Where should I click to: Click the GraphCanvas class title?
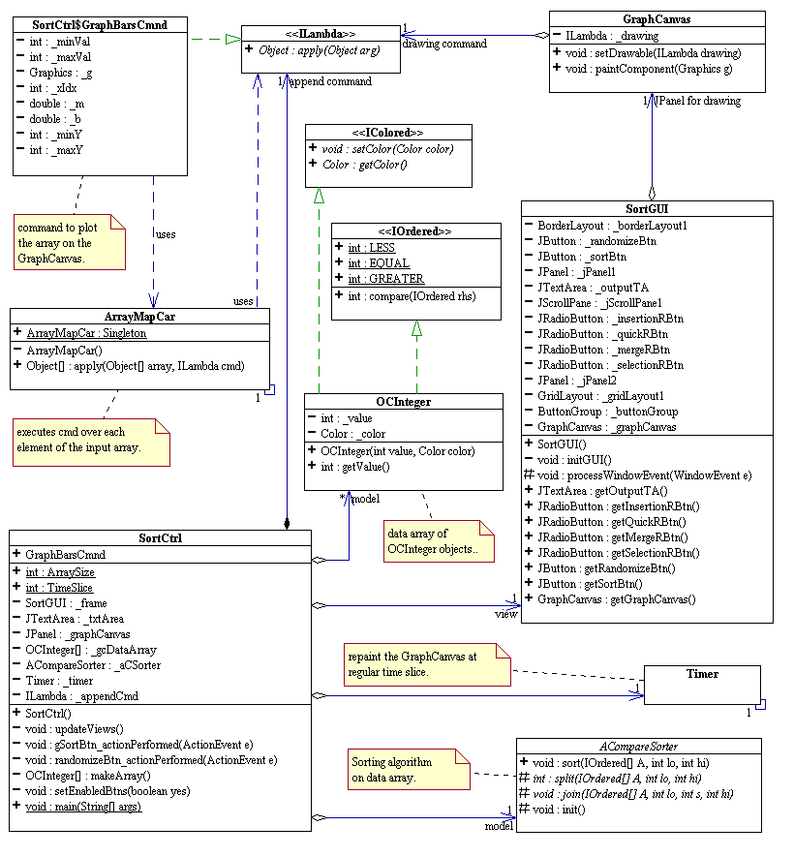tap(657, 18)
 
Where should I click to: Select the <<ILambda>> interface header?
tap(320, 33)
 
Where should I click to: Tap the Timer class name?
tap(702, 674)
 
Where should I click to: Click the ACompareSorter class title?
tap(637, 747)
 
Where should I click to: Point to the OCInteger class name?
tap(403, 401)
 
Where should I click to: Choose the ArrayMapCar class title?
tap(139, 316)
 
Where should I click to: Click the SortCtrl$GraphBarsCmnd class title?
tap(100, 22)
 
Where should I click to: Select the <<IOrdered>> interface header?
tap(415, 230)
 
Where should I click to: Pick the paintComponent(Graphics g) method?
tap(649, 69)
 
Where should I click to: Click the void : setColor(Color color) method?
tap(387, 149)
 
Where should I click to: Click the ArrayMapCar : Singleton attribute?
tap(87, 332)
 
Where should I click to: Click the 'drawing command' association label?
tap(443, 44)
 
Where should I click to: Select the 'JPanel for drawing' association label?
tap(698, 101)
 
